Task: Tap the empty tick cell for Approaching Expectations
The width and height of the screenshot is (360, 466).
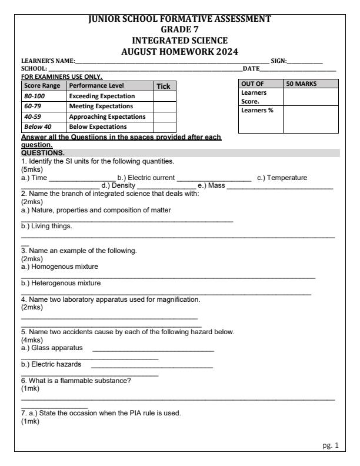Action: pos(165,116)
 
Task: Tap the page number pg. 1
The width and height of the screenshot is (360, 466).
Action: pos(331,445)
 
